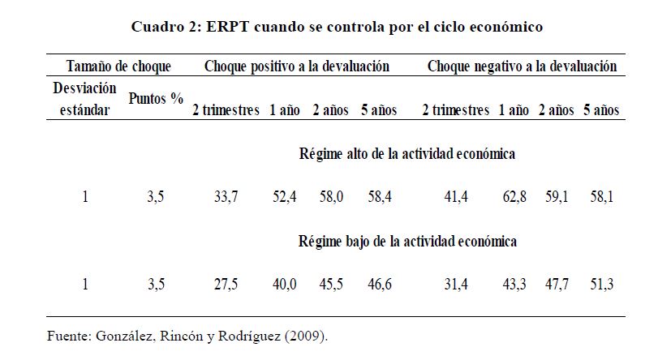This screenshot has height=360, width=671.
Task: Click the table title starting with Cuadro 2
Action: click(337, 27)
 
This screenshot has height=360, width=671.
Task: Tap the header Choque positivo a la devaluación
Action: click(297, 66)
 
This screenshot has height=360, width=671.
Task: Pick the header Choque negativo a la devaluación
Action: click(522, 66)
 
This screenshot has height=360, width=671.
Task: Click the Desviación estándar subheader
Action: click(85, 99)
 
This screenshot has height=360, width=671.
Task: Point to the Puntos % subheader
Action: click(156, 99)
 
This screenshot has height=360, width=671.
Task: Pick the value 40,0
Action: click(284, 285)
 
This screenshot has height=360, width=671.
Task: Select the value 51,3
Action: click(600, 285)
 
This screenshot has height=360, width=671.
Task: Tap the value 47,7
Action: click(557, 285)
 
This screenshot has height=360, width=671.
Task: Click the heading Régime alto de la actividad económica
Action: click(408, 152)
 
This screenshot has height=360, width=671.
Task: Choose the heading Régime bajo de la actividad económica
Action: click(408, 241)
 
